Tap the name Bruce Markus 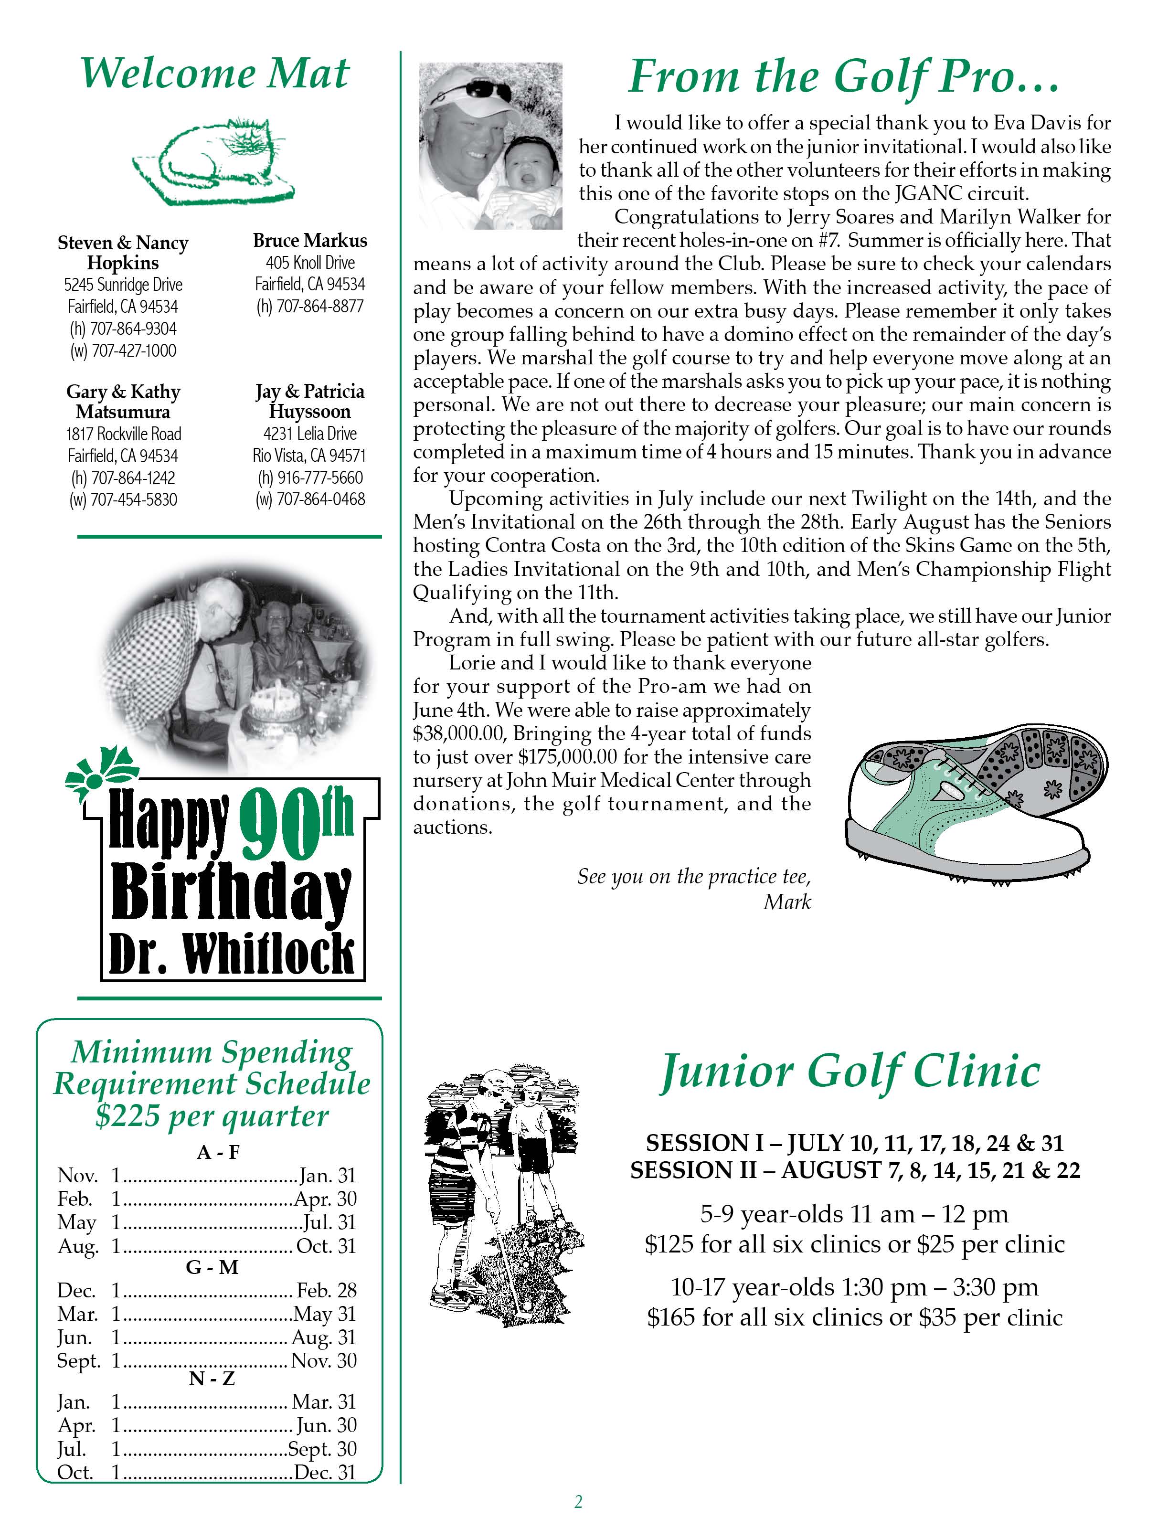point(309,241)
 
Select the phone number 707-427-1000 point(123,350)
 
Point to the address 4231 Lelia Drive point(309,434)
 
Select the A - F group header point(218,1153)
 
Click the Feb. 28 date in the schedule point(326,1291)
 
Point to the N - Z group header point(212,1378)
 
